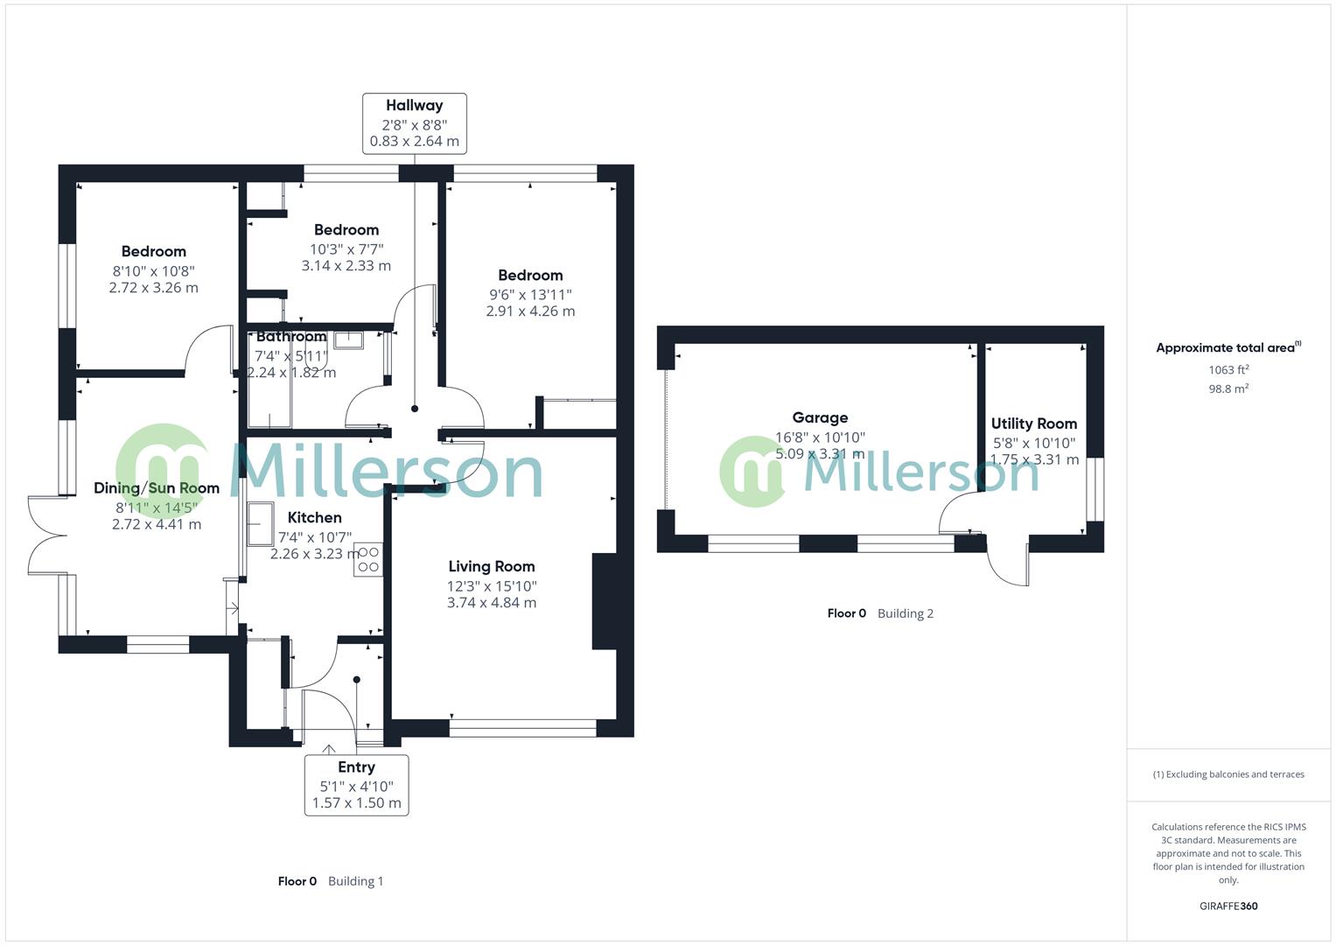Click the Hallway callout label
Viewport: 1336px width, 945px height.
pos(415,106)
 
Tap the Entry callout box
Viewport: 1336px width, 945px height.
pos(356,784)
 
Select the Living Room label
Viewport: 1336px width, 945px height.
pos(491,567)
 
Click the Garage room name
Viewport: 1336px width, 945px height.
pos(820,418)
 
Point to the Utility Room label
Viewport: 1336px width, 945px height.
pos(1033,424)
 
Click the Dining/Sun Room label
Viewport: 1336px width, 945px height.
pos(157,488)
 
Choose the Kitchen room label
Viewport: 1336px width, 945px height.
pos(314,518)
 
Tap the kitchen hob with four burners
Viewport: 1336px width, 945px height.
pos(368,560)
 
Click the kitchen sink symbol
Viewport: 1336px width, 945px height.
pos(260,524)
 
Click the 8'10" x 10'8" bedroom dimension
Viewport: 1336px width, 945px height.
pos(153,271)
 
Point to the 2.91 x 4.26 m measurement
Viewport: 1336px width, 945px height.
pos(530,311)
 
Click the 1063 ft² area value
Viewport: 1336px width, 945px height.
pos(1228,370)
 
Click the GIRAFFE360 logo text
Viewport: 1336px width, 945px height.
pos(1228,906)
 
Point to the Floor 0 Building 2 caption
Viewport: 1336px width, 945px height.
pos(880,613)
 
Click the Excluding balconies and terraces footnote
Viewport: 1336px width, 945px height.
pos(1228,774)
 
